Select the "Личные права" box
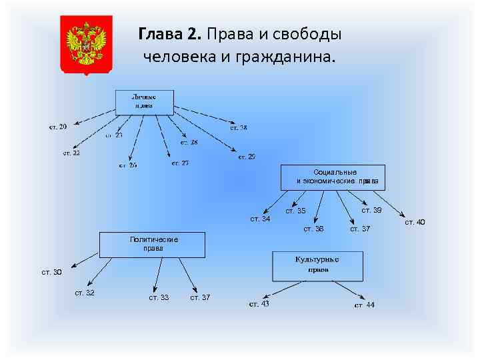click(145, 101)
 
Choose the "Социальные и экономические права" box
click(333, 177)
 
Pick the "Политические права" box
click(153, 244)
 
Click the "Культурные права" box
click(317, 265)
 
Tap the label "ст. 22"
click(71, 153)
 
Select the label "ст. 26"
click(128, 165)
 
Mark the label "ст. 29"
click(247, 157)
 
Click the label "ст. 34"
click(260, 219)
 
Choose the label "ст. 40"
click(415, 222)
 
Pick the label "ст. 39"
click(371, 211)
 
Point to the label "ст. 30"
click(51, 272)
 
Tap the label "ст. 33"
click(159, 297)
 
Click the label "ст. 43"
click(259, 305)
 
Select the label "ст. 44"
click(365, 305)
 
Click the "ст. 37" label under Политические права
click(200, 297)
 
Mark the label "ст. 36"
click(314, 229)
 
